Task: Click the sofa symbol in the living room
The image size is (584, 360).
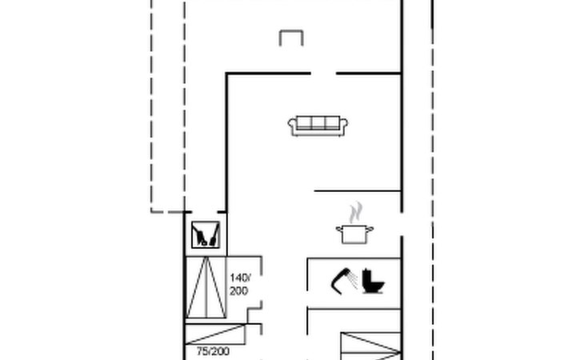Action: (318, 126)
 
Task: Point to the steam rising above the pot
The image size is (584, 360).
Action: (356, 212)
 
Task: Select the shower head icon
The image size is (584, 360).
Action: (343, 281)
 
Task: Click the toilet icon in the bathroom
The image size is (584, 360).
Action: (373, 281)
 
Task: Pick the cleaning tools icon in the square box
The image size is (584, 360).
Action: (206, 234)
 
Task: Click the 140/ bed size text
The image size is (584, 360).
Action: (240, 278)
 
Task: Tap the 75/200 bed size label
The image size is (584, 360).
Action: (213, 351)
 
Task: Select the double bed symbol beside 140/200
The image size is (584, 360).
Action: (206, 287)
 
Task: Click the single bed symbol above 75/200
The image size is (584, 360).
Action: (215, 334)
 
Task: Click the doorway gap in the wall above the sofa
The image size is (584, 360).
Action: (323, 74)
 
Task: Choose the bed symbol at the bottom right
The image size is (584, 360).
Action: (371, 346)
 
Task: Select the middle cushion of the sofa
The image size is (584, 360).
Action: (318, 122)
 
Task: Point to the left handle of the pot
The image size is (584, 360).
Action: (339, 230)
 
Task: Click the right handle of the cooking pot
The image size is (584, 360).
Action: (370, 230)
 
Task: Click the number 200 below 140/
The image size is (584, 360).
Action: (238, 290)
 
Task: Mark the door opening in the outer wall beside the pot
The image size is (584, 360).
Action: (402, 224)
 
